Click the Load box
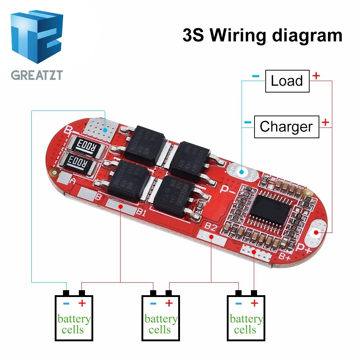click(287, 81)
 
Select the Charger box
click(286, 127)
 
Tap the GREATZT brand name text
click(37, 75)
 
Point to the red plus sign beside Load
click(316, 76)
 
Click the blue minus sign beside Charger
click(247, 122)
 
